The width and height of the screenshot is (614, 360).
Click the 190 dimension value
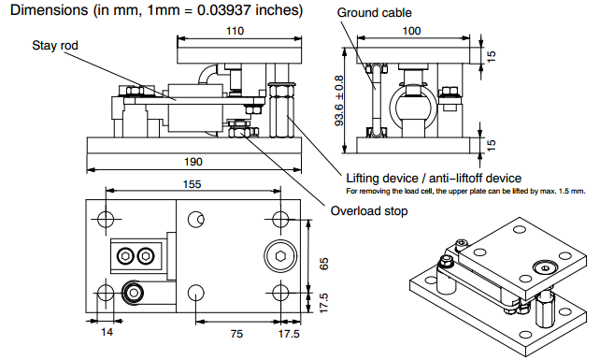(x=193, y=162)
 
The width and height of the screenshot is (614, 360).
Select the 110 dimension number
(x=235, y=31)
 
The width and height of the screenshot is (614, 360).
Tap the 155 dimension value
(x=192, y=184)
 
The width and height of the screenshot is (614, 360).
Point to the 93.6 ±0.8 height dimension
(x=339, y=101)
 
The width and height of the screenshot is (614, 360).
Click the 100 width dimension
(x=411, y=31)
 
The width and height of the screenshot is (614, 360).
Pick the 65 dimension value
(x=324, y=264)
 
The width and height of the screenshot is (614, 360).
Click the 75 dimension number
(x=236, y=334)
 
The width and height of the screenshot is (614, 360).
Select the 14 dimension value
(x=107, y=332)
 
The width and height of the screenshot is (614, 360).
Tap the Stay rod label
(x=55, y=46)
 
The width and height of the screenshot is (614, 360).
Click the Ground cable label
(x=374, y=13)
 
